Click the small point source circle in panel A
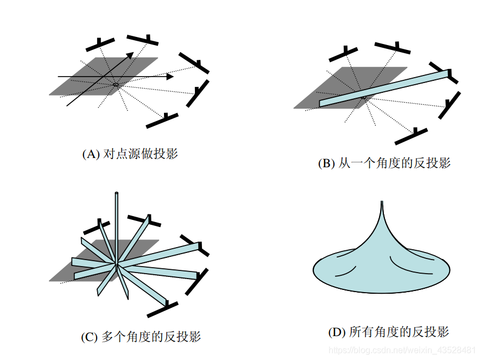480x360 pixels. click(116, 85)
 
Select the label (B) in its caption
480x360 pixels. click(327, 163)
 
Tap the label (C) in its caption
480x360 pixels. click(90, 337)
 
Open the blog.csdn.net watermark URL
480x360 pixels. click(402, 348)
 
